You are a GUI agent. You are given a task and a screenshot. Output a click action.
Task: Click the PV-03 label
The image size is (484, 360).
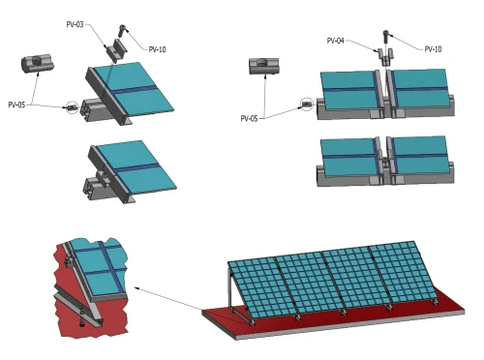pyautogui.click(x=75, y=24)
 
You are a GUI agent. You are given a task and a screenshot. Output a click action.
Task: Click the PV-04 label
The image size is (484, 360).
pyautogui.click(x=336, y=41)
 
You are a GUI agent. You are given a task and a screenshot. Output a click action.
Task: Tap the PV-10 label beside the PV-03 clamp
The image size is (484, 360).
pyautogui.click(x=157, y=49)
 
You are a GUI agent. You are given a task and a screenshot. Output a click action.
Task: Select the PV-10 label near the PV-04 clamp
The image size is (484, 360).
pyautogui.click(x=433, y=49)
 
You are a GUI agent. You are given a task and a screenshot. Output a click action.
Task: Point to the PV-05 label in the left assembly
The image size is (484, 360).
pyautogui.click(x=16, y=105)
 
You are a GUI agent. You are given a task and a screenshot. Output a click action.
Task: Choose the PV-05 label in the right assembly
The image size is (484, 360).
pyautogui.click(x=249, y=119)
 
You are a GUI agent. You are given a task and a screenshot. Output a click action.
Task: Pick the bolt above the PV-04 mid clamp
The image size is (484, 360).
pyautogui.click(x=386, y=37)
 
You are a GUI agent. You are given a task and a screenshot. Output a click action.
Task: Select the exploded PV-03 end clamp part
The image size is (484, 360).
pyautogui.click(x=116, y=50)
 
